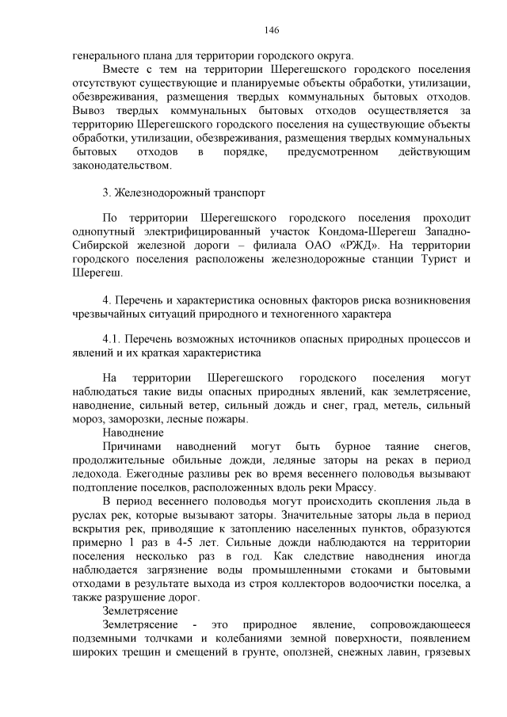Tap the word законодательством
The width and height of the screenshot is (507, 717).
pyautogui.click(x=121, y=166)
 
